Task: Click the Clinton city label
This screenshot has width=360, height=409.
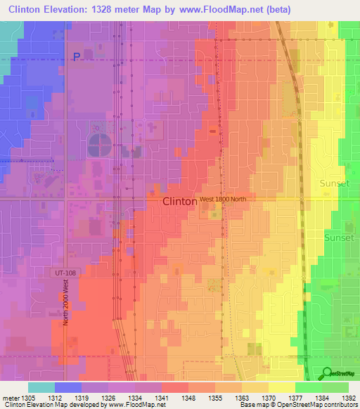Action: coord(179,201)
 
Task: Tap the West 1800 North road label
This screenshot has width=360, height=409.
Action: coord(223,200)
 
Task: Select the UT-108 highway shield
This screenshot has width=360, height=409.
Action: coord(64,271)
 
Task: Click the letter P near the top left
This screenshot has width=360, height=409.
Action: coord(77,58)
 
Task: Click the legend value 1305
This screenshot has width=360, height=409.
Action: coord(29,398)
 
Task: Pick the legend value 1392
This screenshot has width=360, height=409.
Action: coord(349,398)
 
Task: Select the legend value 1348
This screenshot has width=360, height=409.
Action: coord(189,398)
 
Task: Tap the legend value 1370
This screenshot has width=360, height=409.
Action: coord(269,398)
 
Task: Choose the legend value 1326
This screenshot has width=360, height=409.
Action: coord(109,398)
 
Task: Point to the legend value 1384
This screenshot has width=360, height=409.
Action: coord(322,398)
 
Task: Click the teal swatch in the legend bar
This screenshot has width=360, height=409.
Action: coord(41,387)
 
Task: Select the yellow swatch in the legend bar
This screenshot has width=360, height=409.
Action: coord(282,387)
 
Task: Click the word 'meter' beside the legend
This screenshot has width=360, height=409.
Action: coord(11,398)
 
